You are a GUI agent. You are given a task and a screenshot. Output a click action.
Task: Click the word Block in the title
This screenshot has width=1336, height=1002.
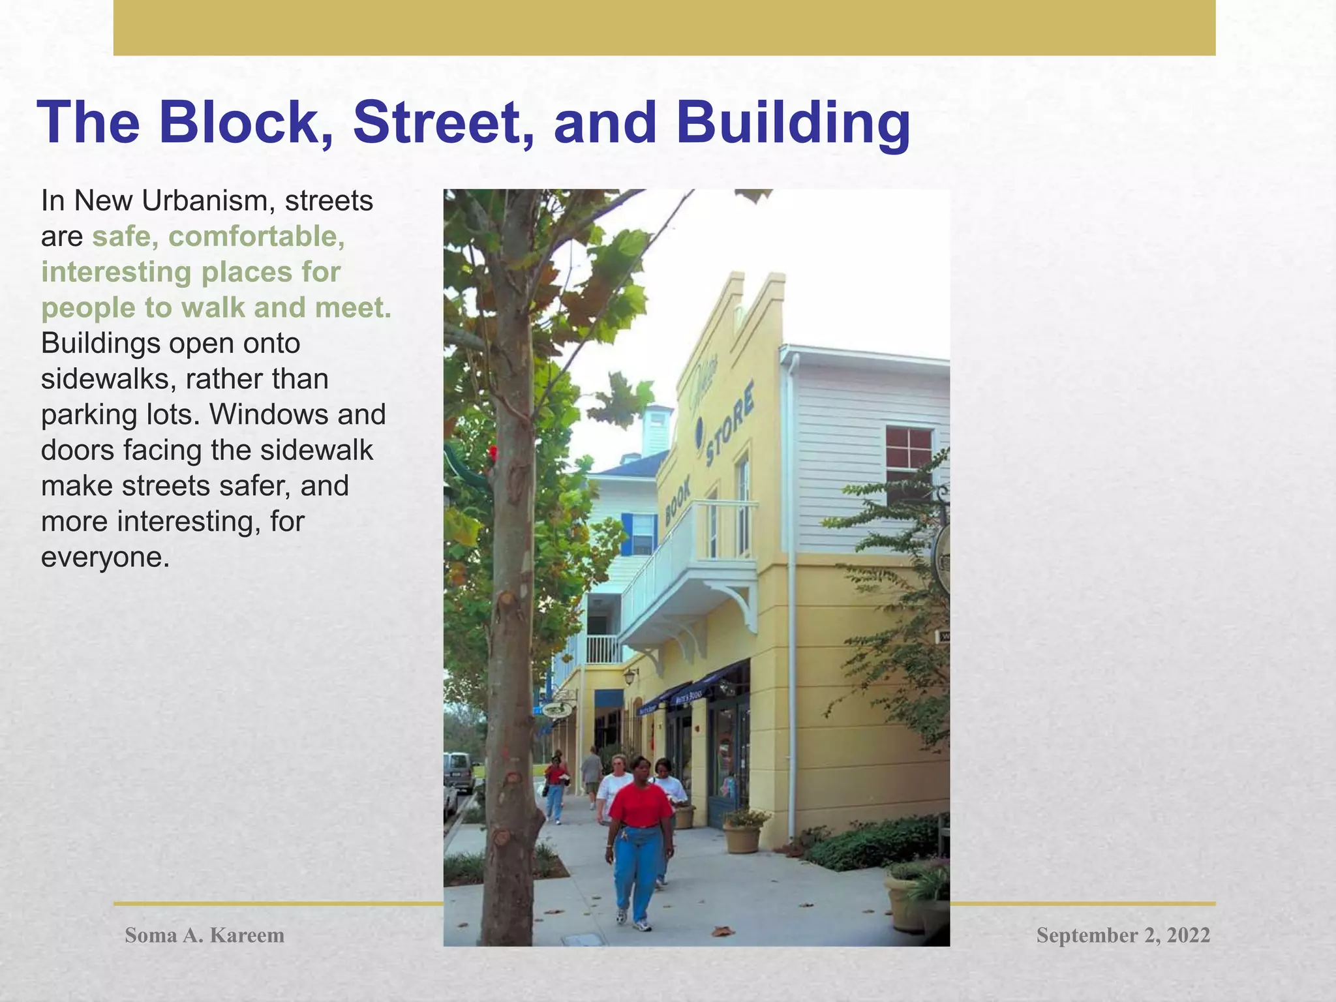click(x=237, y=123)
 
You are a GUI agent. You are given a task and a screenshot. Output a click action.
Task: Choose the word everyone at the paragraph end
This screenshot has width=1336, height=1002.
click(x=105, y=557)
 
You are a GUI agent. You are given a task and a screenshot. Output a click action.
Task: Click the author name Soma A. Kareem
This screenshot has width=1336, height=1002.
click(x=204, y=935)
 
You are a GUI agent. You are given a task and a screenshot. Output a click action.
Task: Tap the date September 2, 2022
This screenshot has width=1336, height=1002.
click(x=1123, y=935)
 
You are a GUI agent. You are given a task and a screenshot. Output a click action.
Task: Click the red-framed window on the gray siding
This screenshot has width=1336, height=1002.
click(x=909, y=457)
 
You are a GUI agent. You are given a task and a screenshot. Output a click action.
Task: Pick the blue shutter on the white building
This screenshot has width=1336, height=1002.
click(x=627, y=534)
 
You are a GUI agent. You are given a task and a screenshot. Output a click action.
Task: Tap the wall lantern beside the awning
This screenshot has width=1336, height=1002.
click(x=630, y=676)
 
